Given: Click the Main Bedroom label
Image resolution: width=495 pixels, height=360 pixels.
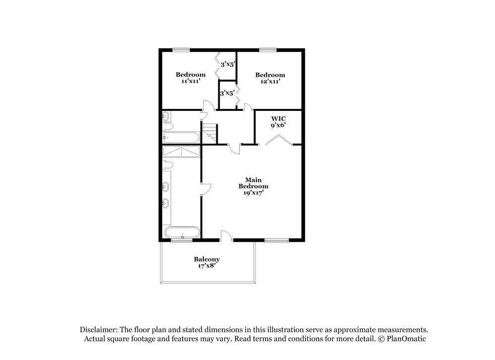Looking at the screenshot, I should [x=253, y=183].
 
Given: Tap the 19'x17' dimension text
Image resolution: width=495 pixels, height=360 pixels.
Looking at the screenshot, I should [x=253, y=193].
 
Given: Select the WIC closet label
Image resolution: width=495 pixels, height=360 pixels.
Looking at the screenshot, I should [x=278, y=119].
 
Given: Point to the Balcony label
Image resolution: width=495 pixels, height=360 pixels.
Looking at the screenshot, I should [x=207, y=259].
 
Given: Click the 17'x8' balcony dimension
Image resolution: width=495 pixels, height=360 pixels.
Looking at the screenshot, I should [x=207, y=266].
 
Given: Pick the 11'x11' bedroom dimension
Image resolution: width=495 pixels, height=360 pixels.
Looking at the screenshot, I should [x=191, y=81].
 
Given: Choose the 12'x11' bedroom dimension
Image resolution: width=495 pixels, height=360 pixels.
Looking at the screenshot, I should [x=270, y=81].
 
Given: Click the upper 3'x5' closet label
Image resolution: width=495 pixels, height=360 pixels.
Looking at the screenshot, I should [x=227, y=64].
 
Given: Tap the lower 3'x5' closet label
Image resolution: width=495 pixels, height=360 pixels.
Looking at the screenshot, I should [x=227, y=93].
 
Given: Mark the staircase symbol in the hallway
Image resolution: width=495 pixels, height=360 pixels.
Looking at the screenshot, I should [x=210, y=132].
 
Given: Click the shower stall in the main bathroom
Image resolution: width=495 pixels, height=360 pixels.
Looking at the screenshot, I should [x=181, y=151].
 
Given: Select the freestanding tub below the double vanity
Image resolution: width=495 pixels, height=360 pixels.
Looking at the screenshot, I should [x=182, y=232].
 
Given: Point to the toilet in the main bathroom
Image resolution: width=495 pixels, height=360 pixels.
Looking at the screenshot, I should [x=167, y=165].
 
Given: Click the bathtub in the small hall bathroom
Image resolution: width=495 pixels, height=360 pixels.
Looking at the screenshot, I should [x=181, y=138].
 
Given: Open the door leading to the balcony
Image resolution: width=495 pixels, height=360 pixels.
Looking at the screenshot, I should [x=226, y=236].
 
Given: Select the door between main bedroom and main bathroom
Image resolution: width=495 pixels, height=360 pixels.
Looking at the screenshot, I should [x=205, y=188].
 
